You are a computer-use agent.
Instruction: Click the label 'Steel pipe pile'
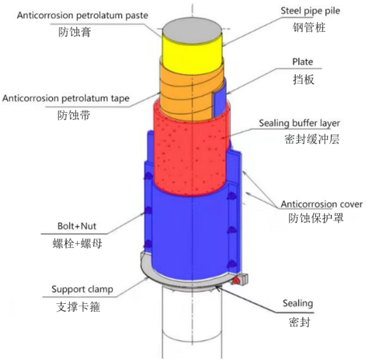311,11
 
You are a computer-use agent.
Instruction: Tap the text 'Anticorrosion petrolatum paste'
83,16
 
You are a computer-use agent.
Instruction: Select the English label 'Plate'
303,62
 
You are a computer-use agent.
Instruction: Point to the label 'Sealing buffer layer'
299,123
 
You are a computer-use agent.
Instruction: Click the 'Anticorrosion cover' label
322,204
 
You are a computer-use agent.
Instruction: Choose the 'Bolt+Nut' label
77,226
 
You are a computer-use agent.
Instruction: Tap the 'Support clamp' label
82,289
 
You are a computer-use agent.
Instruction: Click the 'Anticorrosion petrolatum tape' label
66,98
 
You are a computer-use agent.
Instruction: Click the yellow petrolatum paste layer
192,56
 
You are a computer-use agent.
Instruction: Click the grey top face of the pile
192,32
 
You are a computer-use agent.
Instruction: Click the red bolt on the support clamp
236,280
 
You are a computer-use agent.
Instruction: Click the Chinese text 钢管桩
309,27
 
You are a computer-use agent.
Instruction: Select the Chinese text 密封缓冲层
312,139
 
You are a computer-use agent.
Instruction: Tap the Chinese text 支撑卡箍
78,307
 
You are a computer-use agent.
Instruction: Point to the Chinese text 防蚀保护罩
316,218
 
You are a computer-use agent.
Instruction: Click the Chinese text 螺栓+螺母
77,243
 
